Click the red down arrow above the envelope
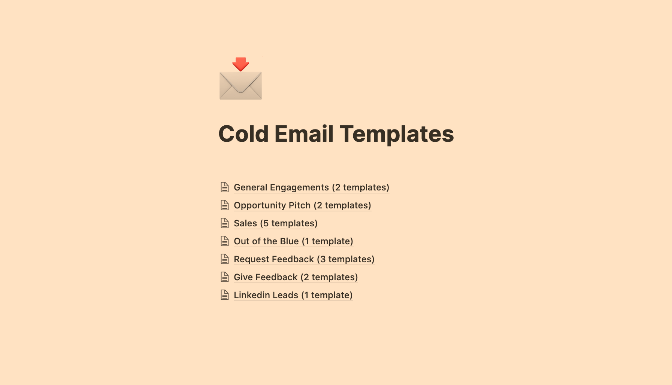[240, 64]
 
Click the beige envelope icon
[240, 86]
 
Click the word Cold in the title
[243, 134]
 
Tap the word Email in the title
[304, 134]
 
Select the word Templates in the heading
[397, 134]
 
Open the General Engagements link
[311, 187]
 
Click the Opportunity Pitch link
[302, 205]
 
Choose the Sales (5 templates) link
[275, 223]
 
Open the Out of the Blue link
[293, 241]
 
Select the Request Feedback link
[304, 259]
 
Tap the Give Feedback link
[296, 277]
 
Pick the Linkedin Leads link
[293, 295]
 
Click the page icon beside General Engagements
[225, 187]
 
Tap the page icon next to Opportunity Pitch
[225, 205]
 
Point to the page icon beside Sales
[225, 223]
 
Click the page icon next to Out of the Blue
[225, 241]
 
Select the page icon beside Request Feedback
[225, 259]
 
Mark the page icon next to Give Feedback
[225, 277]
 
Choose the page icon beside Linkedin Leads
[225, 295]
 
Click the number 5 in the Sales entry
[266, 223]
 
